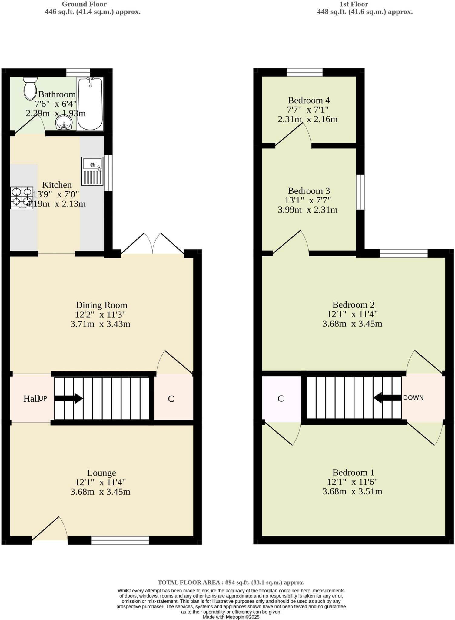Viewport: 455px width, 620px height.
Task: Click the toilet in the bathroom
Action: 30,88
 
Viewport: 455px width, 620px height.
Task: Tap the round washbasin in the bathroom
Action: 64,123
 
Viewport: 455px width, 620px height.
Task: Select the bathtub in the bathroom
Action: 90,104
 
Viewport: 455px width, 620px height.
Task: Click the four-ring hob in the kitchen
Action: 22,197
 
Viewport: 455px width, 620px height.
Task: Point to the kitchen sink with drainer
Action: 92,171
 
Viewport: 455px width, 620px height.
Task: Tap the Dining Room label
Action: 101,305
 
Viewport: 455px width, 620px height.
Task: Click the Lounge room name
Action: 101,473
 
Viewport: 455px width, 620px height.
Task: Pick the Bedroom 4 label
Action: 309,100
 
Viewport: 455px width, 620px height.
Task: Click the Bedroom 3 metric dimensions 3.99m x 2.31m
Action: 307,210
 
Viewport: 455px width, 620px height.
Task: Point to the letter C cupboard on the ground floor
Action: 171,399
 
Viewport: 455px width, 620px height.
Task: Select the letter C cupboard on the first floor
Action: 281,399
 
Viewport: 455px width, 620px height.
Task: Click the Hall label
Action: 31,399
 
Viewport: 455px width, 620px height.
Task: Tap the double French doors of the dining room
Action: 152,244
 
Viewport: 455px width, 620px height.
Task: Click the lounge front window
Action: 120,540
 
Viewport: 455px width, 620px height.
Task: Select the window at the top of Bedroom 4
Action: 304,72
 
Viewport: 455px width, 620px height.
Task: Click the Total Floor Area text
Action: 231,582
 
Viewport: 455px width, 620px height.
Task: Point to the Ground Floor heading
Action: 84,4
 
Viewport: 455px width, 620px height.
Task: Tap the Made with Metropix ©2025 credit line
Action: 231,617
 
